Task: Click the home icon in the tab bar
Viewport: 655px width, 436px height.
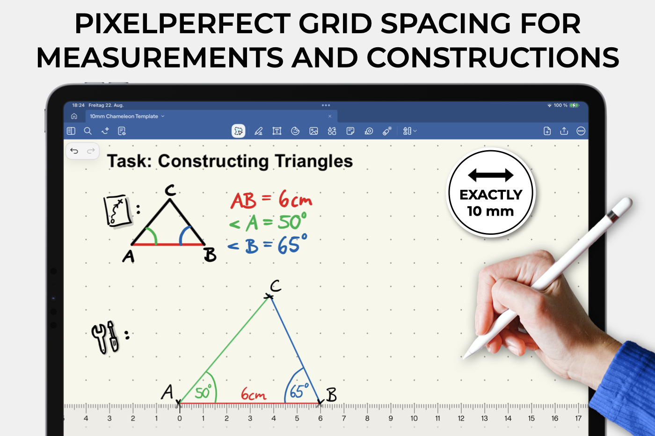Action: pyautogui.click(x=74, y=116)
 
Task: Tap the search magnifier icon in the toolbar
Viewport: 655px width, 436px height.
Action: pyautogui.click(x=88, y=131)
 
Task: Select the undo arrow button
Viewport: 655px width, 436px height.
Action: pyautogui.click(x=74, y=151)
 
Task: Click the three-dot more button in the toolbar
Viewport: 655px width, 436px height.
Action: pyautogui.click(x=581, y=131)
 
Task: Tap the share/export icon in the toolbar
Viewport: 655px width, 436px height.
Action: pyautogui.click(x=564, y=131)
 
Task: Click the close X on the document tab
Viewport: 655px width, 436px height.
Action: pyautogui.click(x=330, y=116)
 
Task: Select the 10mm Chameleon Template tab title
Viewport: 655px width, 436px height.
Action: pyautogui.click(x=124, y=116)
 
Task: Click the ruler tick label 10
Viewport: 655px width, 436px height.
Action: pyautogui.click(x=414, y=418)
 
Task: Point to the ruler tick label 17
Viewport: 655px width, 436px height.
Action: pyautogui.click(x=578, y=418)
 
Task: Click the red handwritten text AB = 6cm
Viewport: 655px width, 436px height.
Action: pyautogui.click(x=271, y=199)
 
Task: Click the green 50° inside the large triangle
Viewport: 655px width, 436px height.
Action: pyautogui.click(x=203, y=392)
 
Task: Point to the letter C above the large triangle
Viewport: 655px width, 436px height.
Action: pyautogui.click(x=275, y=286)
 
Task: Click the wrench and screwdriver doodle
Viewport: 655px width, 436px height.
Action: pyautogui.click(x=106, y=337)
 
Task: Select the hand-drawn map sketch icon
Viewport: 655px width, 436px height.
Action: pyautogui.click(x=117, y=211)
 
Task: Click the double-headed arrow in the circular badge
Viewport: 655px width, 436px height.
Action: pyautogui.click(x=491, y=175)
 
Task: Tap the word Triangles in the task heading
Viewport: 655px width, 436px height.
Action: pyautogui.click(x=314, y=161)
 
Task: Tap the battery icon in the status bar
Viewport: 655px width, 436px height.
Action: pyautogui.click(x=574, y=105)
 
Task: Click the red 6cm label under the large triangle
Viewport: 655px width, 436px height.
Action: pyautogui.click(x=254, y=394)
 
